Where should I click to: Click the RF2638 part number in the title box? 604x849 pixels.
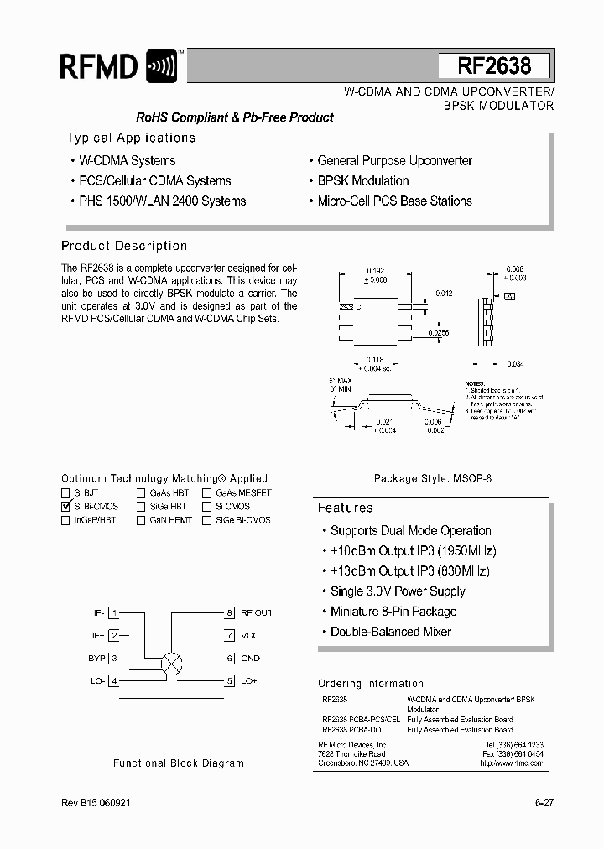pos(494,66)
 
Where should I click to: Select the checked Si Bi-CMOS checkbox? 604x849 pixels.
pos(66,507)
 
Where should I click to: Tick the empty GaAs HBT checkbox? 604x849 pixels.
pos(141,493)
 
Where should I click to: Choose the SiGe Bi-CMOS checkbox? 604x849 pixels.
pos(206,520)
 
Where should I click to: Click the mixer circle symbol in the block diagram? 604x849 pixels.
pos(171,664)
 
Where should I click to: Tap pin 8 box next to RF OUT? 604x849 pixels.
pos(228,613)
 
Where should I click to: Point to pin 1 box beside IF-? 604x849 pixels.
pos(114,613)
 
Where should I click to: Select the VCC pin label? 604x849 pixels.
pos(250,636)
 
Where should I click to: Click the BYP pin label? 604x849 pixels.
pos(96,659)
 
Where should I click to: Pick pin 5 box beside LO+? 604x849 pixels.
pos(228,681)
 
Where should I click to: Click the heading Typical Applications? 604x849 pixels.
pos(131,138)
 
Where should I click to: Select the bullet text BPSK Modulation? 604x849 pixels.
pos(362,180)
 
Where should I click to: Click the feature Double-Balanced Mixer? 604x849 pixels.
pos(390,632)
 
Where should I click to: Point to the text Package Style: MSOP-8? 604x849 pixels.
pos(432,478)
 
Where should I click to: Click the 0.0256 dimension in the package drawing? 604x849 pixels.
pos(438,333)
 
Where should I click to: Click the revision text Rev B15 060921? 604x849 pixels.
pos(96,802)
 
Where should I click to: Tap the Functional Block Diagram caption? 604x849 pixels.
pos(179,763)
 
